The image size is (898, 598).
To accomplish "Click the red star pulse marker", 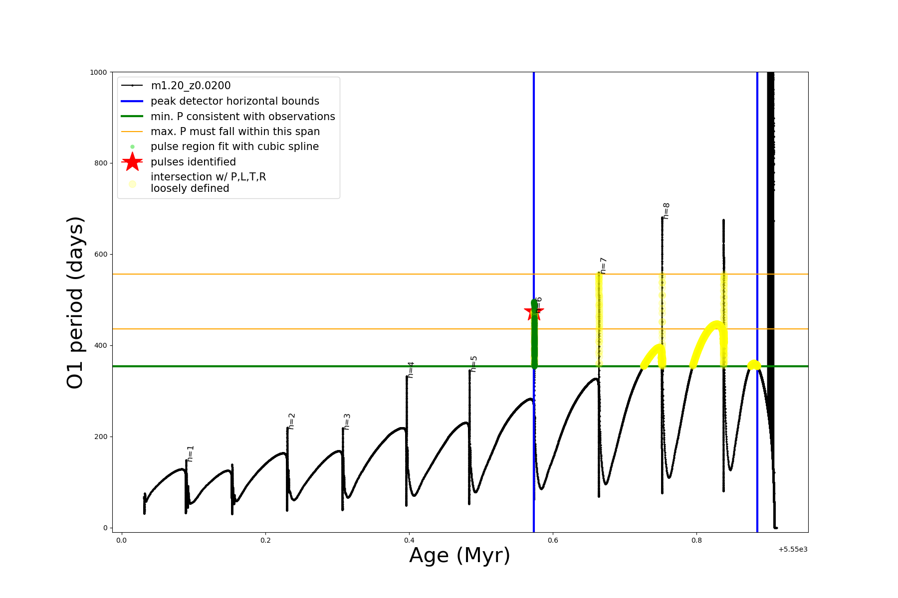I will click(x=534, y=312).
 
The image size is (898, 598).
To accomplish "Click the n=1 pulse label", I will click(x=190, y=454).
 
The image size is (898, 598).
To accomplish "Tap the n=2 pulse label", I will click(x=292, y=421).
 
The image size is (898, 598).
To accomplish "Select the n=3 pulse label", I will click(x=347, y=422).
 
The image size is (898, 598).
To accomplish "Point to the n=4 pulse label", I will click(x=411, y=370).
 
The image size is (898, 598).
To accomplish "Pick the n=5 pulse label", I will click(x=473, y=364).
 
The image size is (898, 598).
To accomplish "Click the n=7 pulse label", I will click(x=603, y=266).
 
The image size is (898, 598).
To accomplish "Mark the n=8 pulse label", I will click(x=666, y=211).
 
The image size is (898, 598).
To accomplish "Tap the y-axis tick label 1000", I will click(x=98, y=72).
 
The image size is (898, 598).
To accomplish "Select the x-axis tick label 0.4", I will click(x=409, y=540).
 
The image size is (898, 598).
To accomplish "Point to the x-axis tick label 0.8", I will click(x=696, y=540).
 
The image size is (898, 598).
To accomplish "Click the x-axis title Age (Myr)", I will click(x=459, y=556).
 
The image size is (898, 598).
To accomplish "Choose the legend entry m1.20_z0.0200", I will click(x=191, y=86).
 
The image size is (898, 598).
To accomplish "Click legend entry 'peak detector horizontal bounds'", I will click(x=234, y=101).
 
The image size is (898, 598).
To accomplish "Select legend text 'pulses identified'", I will click(x=193, y=162).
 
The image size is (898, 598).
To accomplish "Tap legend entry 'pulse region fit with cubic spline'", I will click(x=234, y=147).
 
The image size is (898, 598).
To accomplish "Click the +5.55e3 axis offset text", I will click(x=792, y=550).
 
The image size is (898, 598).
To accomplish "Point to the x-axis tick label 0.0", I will click(x=121, y=540).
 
